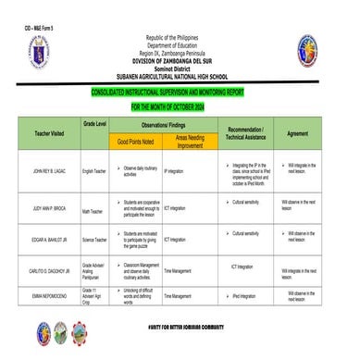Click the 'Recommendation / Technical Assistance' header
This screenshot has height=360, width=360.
pos(245,132)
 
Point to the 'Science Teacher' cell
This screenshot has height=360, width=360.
pos(95,240)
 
